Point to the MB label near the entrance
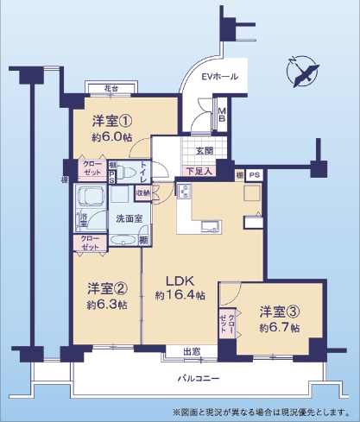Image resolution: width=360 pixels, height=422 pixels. [221, 115]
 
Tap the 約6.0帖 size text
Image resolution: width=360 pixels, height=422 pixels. [110, 136]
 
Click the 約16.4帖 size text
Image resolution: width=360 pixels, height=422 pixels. [180, 295]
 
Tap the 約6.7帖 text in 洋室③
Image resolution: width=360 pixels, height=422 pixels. [278, 329]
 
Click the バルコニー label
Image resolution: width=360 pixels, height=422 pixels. [202, 379]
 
